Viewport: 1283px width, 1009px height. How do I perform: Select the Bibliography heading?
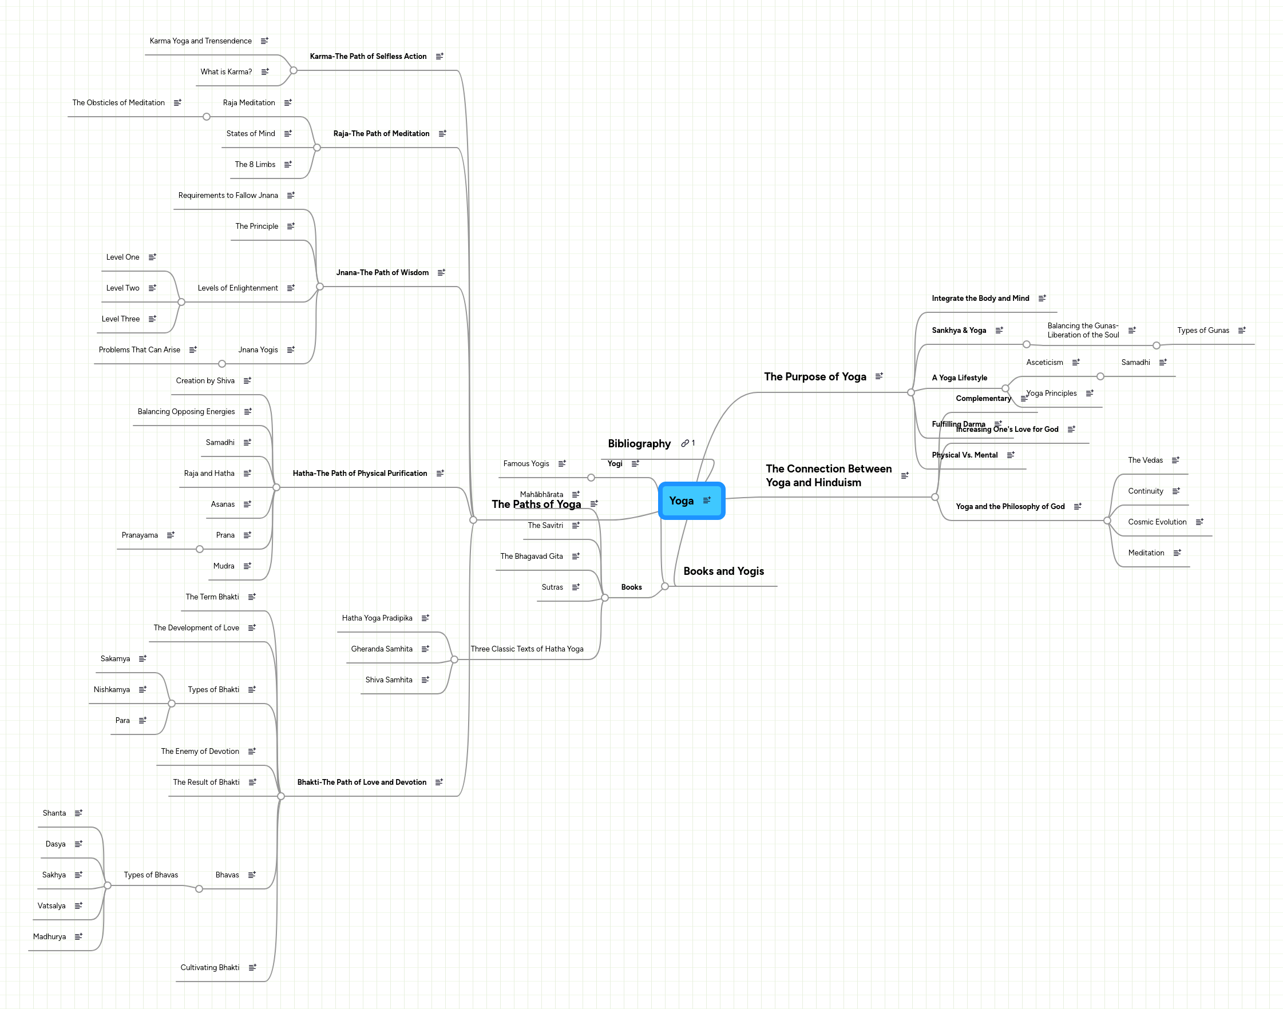tap(639, 444)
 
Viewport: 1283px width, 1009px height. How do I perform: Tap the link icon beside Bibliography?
tap(685, 443)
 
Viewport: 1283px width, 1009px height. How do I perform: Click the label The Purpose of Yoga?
tap(814, 377)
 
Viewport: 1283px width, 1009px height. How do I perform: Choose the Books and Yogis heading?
tap(723, 571)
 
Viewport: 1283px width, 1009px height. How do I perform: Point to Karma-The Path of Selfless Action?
tap(367, 57)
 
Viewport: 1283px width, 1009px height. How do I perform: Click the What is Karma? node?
tap(225, 72)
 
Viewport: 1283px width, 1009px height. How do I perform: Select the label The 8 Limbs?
tap(255, 165)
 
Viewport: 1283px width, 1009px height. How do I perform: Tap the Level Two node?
tap(123, 288)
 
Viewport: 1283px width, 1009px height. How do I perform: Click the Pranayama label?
tap(140, 535)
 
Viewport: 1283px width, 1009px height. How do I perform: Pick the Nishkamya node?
tap(112, 690)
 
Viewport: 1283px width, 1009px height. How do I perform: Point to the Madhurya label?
tap(50, 937)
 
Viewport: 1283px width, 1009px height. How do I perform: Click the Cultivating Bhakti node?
tap(210, 968)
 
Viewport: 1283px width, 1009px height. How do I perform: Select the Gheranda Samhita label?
tap(381, 649)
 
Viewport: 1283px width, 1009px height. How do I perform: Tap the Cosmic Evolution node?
tap(1157, 522)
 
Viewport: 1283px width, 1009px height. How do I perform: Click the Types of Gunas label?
tap(1203, 331)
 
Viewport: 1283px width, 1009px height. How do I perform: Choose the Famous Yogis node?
tap(526, 464)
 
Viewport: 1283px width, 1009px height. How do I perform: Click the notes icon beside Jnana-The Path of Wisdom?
tap(441, 273)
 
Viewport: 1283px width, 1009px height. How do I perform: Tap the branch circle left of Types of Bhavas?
tap(108, 885)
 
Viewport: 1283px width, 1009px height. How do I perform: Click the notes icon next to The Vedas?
tap(1175, 460)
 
